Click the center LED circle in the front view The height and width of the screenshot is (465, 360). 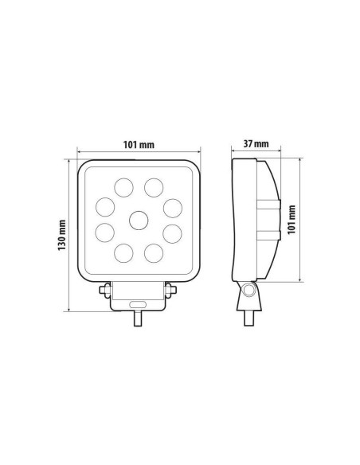pos(139,220)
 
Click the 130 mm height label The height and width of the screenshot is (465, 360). pos(62,234)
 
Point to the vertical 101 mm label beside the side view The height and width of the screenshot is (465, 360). pos(293,218)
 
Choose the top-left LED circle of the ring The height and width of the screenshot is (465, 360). pos(123,188)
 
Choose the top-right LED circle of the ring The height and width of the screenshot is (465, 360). pos(154,188)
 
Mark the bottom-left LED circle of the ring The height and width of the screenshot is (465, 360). pos(123,253)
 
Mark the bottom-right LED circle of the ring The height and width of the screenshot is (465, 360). pos(154,253)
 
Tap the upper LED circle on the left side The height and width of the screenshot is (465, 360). pos(105,207)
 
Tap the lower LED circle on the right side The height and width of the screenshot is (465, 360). pos(171,234)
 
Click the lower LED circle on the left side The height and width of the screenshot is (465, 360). pos(105,234)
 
